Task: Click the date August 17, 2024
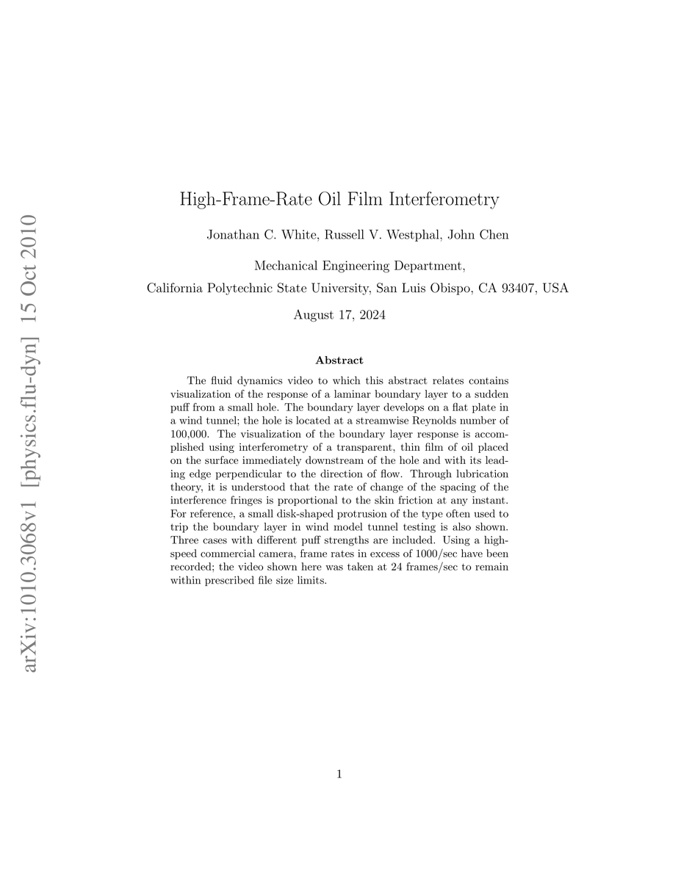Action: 339,316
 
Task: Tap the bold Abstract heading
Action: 339,360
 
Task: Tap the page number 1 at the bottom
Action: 339,773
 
